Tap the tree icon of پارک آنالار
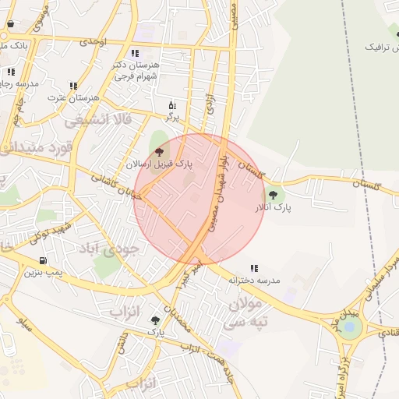(x=273, y=195)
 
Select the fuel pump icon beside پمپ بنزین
(x=42, y=260)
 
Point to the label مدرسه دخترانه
(x=254, y=279)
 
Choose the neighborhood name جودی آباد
(x=108, y=249)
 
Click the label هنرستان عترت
(x=73, y=97)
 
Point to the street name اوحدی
(x=93, y=41)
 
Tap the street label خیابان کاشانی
(x=117, y=186)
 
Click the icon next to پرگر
(x=172, y=104)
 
